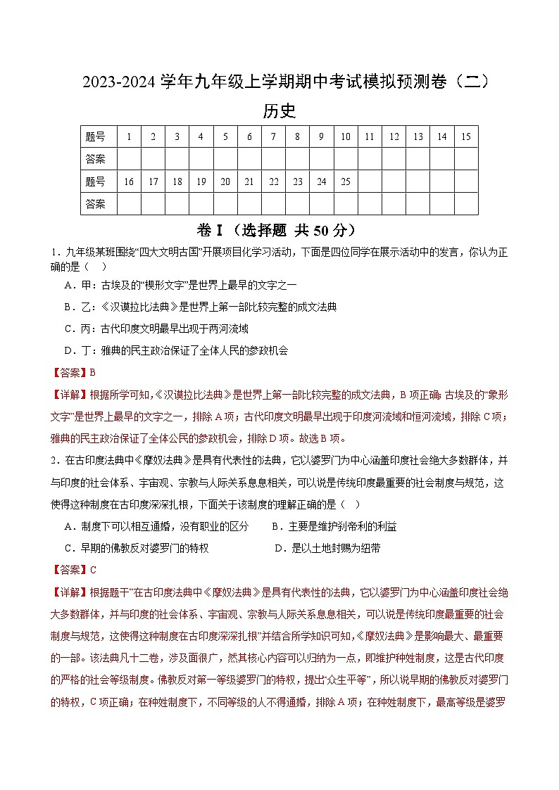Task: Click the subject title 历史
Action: (279, 110)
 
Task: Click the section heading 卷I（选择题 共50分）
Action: (279, 230)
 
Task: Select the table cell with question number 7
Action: (273, 136)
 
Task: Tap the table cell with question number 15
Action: (465, 136)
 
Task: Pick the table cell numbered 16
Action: (129, 181)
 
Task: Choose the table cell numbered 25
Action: (345, 181)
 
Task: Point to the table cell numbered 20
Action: (225, 181)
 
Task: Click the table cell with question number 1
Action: (129, 136)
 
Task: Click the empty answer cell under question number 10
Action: (345, 158)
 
